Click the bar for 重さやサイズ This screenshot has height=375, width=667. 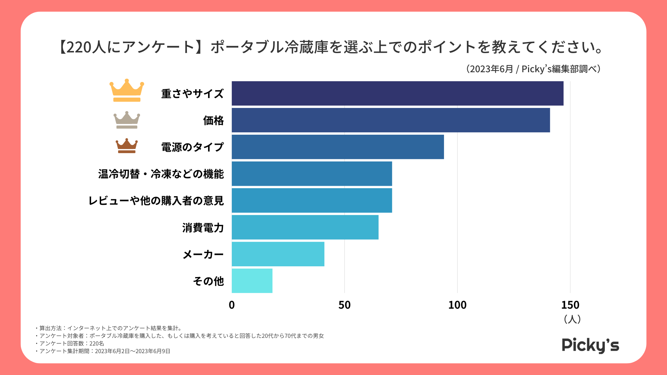tap(397, 93)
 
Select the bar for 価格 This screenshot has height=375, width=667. tap(391, 120)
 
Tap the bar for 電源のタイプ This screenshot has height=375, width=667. tap(338, 147)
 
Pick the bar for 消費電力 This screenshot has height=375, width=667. tap(305, 227)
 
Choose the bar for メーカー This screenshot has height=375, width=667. tap(278, 254)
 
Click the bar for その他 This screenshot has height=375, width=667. tap(252, 281)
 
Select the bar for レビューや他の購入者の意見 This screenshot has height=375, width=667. tap(312, 200)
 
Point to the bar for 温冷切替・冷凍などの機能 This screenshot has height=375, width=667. tap(312, 174)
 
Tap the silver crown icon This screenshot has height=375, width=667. tap(127, 120)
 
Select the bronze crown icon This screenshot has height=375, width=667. tap(127, 146)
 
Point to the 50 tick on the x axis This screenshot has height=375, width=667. tap(344, 305)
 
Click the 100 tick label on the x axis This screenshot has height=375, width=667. tap(457, 305)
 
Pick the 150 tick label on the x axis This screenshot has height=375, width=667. tap(570, 305)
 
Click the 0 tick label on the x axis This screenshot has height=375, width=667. tap(232, 305)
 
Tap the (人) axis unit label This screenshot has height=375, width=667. tap(572, 319)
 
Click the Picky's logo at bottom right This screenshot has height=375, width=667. tap(590, 345)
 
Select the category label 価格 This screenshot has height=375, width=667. tap(213, 120)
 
